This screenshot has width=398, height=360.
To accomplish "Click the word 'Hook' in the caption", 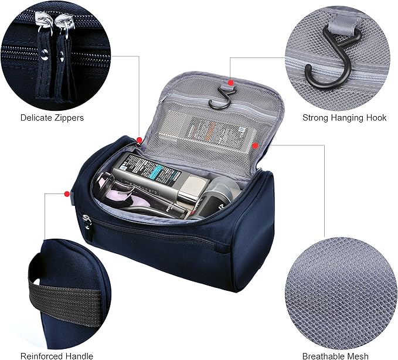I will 376,118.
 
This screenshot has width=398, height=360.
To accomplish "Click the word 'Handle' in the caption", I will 81,356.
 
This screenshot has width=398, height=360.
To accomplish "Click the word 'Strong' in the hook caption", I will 315,118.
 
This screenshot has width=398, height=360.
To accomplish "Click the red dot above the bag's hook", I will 232,83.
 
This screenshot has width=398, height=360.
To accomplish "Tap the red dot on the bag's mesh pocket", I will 256,144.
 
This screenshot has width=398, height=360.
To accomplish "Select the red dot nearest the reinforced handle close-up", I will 67,193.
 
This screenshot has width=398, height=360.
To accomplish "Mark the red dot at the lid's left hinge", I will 140,140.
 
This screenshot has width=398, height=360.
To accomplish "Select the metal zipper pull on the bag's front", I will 87,220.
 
